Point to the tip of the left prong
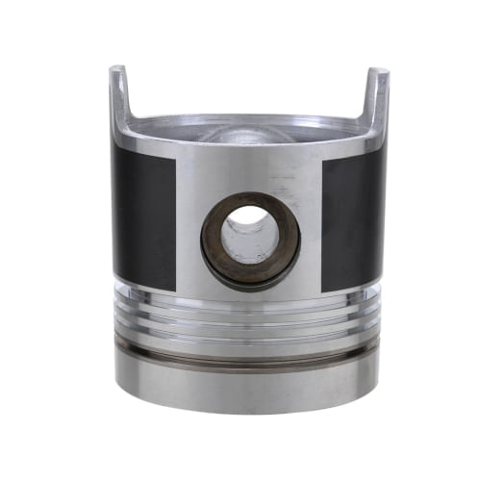pyautogui.click(x=116, y=69)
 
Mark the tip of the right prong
pyautogui.click(x=379, y=71)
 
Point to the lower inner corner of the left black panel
pyautogui.click(x=175, y=291)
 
